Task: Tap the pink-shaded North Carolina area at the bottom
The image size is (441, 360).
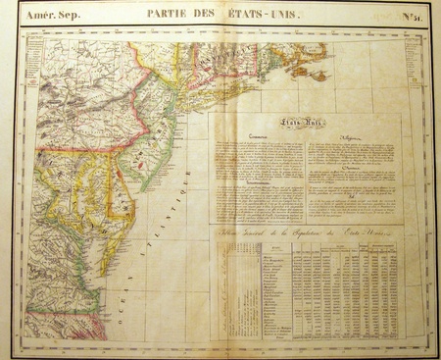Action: [x=59, y=324]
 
